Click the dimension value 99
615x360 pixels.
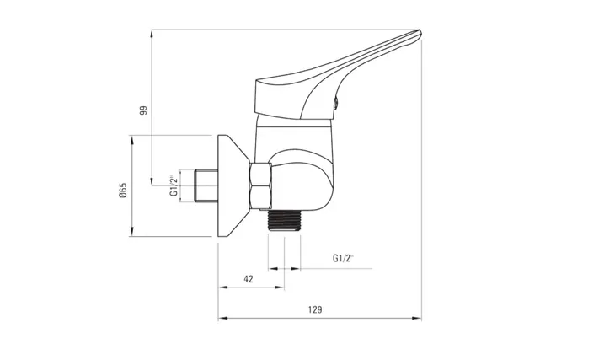pos(143,110)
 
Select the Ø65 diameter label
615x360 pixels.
pos(123,190)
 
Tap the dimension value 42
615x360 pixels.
pos(249,279)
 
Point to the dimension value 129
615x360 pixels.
pos(315,309)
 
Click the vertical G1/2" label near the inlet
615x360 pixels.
pos(174,185)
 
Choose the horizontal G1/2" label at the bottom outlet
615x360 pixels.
pos(343,258)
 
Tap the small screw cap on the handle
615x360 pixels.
pos(336,104)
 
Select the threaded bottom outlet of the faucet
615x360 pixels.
pos(284,221)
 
